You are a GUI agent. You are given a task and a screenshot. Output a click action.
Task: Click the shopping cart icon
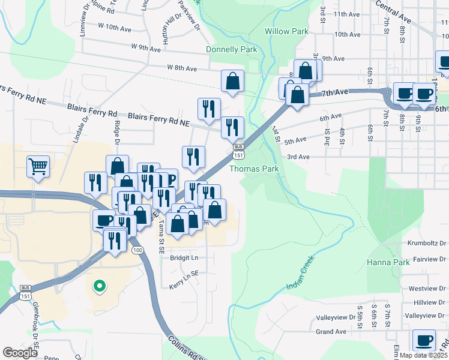pos(38,166)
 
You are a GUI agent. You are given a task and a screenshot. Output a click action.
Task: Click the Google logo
pos(20,353)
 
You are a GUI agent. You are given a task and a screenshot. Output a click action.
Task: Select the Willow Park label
pos(286,31)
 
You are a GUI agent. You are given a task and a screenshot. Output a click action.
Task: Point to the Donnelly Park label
pos(231,49)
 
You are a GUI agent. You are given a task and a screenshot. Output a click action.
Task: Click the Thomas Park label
pos(255,169)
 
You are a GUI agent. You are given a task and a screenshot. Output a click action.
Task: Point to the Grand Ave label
pos(331,331)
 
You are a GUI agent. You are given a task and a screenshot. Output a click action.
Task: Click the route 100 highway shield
pos(138,250)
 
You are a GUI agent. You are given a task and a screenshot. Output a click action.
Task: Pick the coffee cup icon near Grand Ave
pos(424,340)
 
